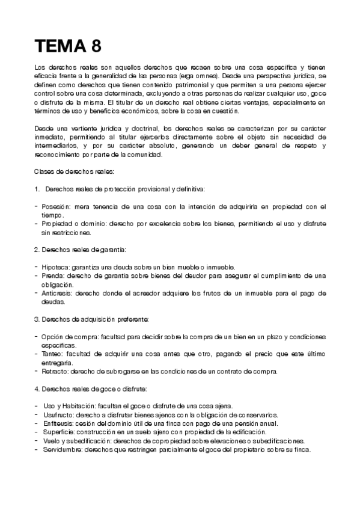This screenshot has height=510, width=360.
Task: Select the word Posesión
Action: point(56,206)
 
